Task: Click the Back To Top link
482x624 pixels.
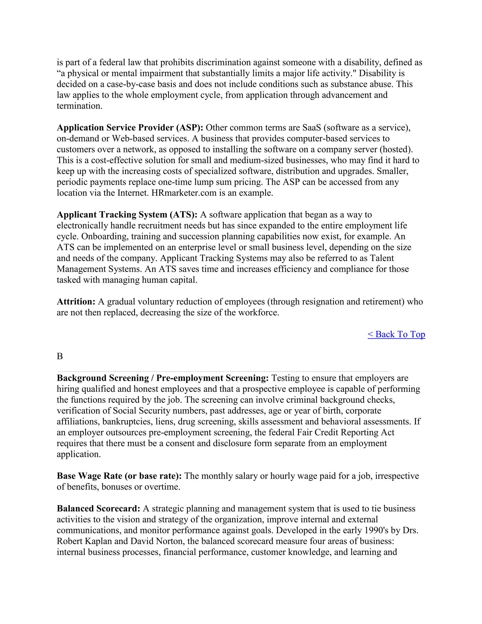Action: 396,334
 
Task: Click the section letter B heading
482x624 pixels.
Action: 60,356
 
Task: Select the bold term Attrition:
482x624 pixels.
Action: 76,302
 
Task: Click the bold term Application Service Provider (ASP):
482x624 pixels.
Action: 130,128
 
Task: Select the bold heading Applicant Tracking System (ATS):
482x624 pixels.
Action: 127,215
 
